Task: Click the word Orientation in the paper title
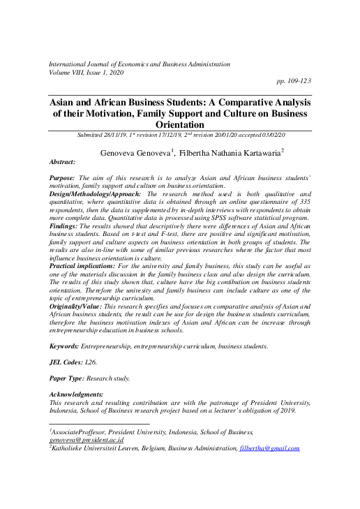[x=179, y=124]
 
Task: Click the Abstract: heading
[x=63, y=161]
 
